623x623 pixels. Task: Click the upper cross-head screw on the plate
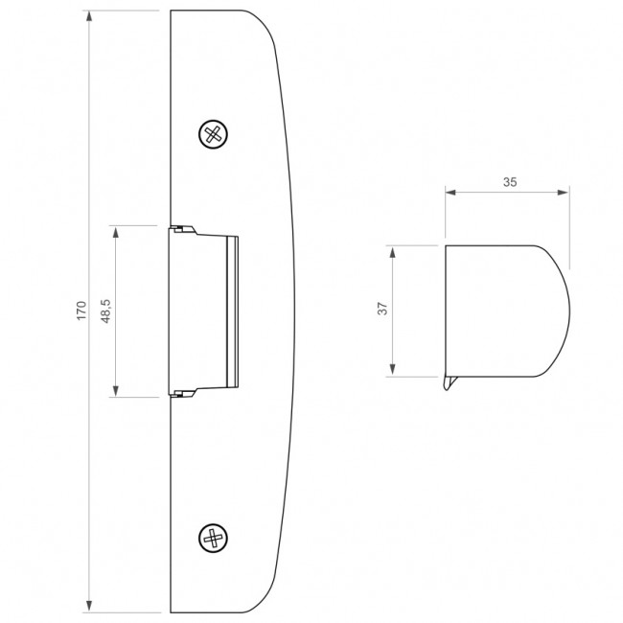pyautogui.click(x=216, y=133)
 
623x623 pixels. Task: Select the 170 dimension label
pyautogui.click(x=81, y=310)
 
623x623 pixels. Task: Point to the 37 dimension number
pyautogui.click(x=381, y=310)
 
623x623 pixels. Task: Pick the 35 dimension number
pyautogui.click(x=509, y=180)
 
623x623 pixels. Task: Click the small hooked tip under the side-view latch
pyautogui.click(x=448, y=385)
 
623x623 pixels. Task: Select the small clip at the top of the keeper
pyautogui.click(x=181, y=229)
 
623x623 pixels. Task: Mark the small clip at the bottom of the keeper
pyautogui.click(x=181, y=392)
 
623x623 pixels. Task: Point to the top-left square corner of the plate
pyautogui.click(x=171, y=12)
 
